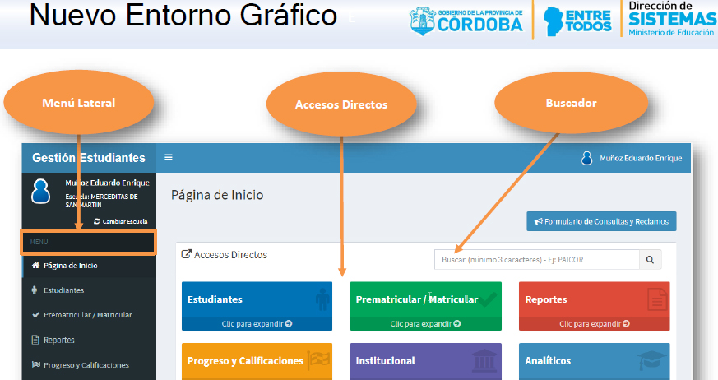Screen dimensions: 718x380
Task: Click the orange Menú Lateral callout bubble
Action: (79, 103)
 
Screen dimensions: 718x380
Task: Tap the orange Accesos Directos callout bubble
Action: (341, 104)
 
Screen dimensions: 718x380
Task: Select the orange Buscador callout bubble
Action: (571, 103)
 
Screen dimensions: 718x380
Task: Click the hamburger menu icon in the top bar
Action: (169, 157)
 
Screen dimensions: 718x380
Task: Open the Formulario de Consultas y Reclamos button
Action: (601, 221)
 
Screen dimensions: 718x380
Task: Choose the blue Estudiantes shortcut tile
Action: (257, 306)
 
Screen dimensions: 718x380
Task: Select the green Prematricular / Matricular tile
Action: (426, 306)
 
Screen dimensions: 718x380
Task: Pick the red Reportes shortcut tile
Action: (595, 306)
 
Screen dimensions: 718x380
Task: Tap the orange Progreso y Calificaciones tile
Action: (257, 361)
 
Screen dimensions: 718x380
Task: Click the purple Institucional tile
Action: (426, 361)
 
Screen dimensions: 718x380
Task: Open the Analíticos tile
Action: (595, 361)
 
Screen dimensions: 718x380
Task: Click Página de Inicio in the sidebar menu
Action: (70, 266)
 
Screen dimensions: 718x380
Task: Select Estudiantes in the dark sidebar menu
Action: (63, 290)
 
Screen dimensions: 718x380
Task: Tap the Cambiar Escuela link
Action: (120, 221)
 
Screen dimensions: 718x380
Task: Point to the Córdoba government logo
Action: (466, 21)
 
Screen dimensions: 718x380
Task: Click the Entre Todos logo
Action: (577, 21)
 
